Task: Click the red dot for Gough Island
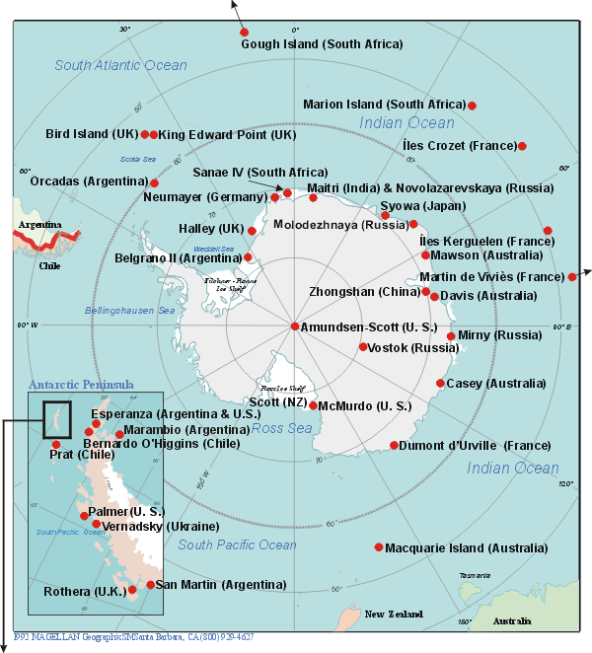[245, 32]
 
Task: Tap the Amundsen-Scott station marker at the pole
[294, 326]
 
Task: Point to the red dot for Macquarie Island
[379, 547]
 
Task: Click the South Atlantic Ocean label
[120, 65]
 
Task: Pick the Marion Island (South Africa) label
[384, 104]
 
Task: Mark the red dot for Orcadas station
[154, 182]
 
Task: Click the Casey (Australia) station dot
[440, 383]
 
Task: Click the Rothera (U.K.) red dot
[132, 591]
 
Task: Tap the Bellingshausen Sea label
[132, 311]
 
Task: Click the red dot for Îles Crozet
[522, 146]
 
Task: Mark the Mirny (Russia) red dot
[451, 335]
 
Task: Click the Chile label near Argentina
[49, 265]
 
